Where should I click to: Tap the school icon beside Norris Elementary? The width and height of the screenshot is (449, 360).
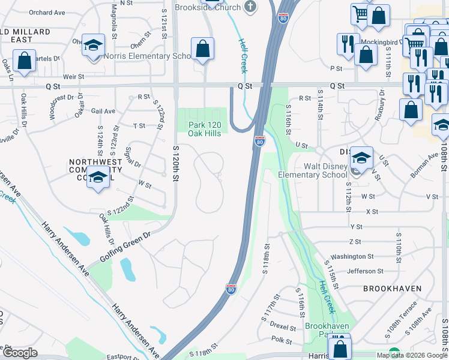pyautogui.click(x=93, y=46)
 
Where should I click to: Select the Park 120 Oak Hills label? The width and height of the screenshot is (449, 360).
pyautogui.click(x=205, y=128)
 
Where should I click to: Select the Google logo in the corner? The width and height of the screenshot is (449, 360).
pyautogui.click(x=19, y=353)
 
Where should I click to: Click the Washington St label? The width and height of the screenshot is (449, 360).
pyautogui.click(x=352, y=256)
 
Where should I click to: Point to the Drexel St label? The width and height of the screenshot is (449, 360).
pyautogui.click(x=283, y=328)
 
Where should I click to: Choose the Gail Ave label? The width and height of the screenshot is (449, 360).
pyautogui.click(x=103, y=111)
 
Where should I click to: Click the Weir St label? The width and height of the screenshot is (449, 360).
pyautogui.click(x=73, y=77)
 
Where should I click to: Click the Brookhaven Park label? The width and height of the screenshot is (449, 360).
pyautogui.click(x=327, y=329)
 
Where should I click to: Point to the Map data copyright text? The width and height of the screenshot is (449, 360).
pyautogui.click(x=411, y=355)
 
